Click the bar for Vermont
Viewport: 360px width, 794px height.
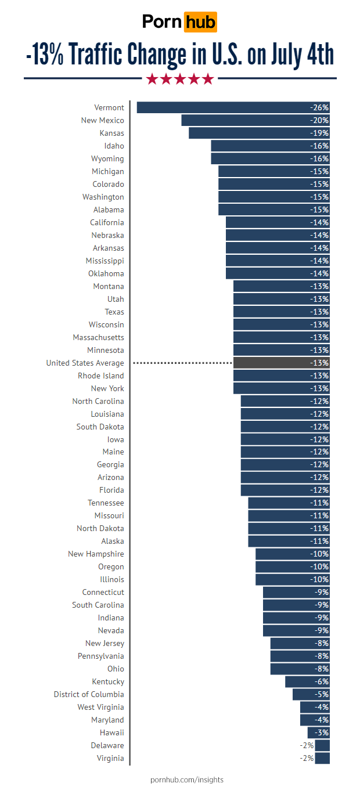232,107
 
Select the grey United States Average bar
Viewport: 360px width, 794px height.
281,363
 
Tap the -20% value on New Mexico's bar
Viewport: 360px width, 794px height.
319,120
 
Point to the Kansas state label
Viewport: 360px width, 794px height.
111,133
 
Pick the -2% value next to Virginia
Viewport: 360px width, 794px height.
307,758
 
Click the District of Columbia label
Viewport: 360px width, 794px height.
89,694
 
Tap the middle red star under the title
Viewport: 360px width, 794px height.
180,79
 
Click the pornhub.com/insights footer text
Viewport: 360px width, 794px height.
186,779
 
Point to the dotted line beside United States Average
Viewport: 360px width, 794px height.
182,363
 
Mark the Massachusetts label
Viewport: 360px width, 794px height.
98,337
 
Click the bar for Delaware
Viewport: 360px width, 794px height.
322,745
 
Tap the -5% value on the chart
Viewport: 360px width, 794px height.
320,694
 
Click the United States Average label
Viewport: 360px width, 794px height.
85,363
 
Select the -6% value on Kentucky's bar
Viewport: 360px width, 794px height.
320,681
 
